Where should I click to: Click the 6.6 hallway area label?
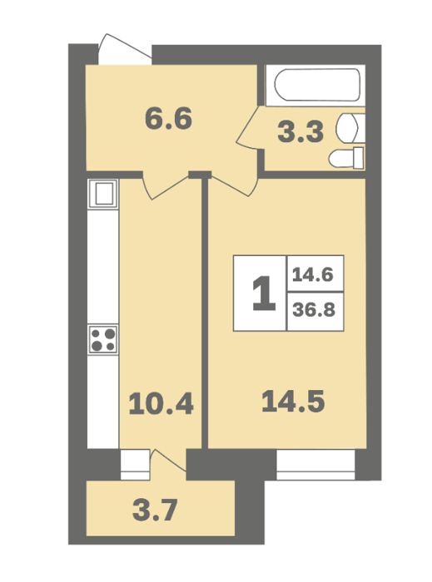tap(168, 118)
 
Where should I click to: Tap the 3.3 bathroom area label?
tap(300, 132)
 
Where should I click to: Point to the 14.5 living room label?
tap(293, 402)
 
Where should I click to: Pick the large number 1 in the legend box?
tap(263, 293)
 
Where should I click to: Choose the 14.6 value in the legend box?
tap(313, 275)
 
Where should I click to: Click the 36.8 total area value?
tap(314, 309)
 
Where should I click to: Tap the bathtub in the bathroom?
tap(317, 85)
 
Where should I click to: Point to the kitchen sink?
tap(103, 194)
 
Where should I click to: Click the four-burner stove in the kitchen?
tap(103, 339)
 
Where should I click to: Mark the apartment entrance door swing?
tap(124, 49)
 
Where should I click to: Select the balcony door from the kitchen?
tap(169, 461)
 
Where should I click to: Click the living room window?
tap(315, 465)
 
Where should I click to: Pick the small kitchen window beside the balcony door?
tap(135, 465)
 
